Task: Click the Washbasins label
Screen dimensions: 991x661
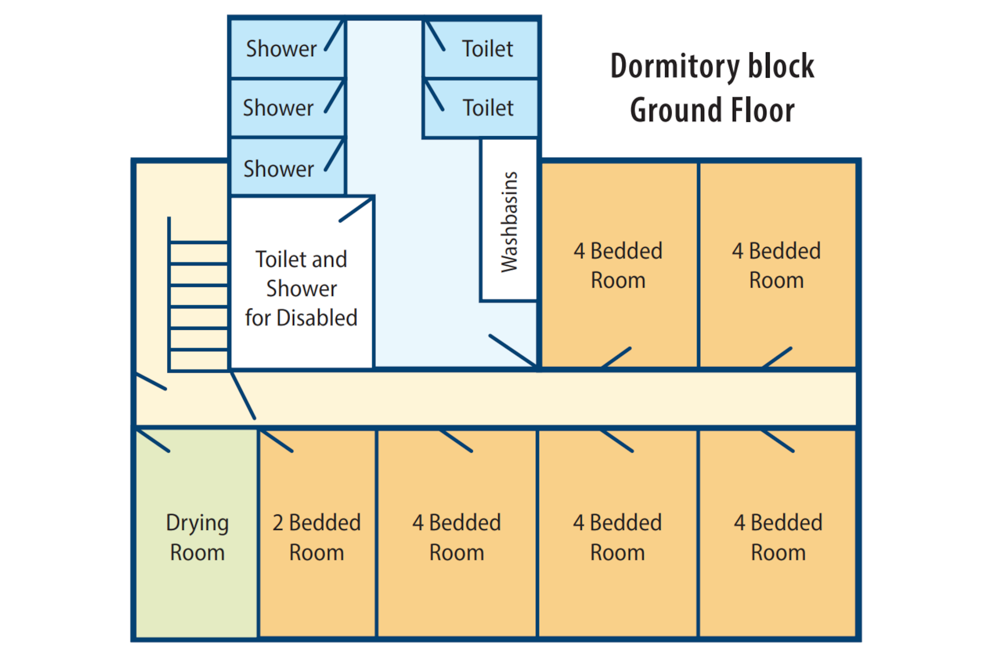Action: (509, 222)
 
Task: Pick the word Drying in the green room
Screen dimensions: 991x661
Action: (197, 523)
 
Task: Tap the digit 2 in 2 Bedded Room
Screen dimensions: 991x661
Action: (278, 523)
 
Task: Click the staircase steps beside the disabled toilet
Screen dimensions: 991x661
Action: (198, 295)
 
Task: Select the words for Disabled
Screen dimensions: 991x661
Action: (301, 318)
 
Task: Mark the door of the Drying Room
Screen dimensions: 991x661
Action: (153, 440)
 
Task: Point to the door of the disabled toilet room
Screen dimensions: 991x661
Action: (356, 210)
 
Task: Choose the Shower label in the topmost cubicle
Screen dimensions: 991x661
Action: (281, 49)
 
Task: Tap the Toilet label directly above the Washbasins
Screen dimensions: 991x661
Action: (488, 108)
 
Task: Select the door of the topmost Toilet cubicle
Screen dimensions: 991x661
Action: (435, 36)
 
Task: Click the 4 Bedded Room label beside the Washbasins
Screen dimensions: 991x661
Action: (618, 266)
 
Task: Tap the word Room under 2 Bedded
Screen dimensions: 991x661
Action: (317, 552)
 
